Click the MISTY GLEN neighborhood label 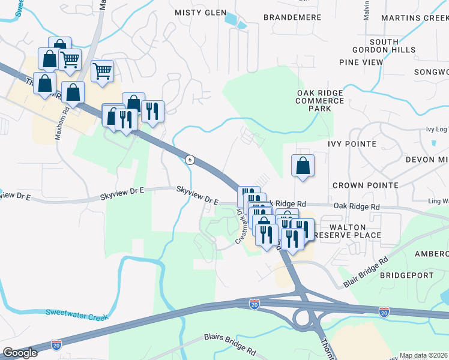pos(200,13)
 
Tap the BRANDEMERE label pos(292,17)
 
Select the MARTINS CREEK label pos(414,17)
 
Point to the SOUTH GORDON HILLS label pos(392,45)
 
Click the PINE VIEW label pos(361,62)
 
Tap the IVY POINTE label pos(352,144)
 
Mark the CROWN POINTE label pos(365,185)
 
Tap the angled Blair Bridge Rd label pos(366,272)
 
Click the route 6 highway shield pos(190,159)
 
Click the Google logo pos(19,352)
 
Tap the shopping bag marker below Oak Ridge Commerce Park pos(303,166)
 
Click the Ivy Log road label pos(436,129)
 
